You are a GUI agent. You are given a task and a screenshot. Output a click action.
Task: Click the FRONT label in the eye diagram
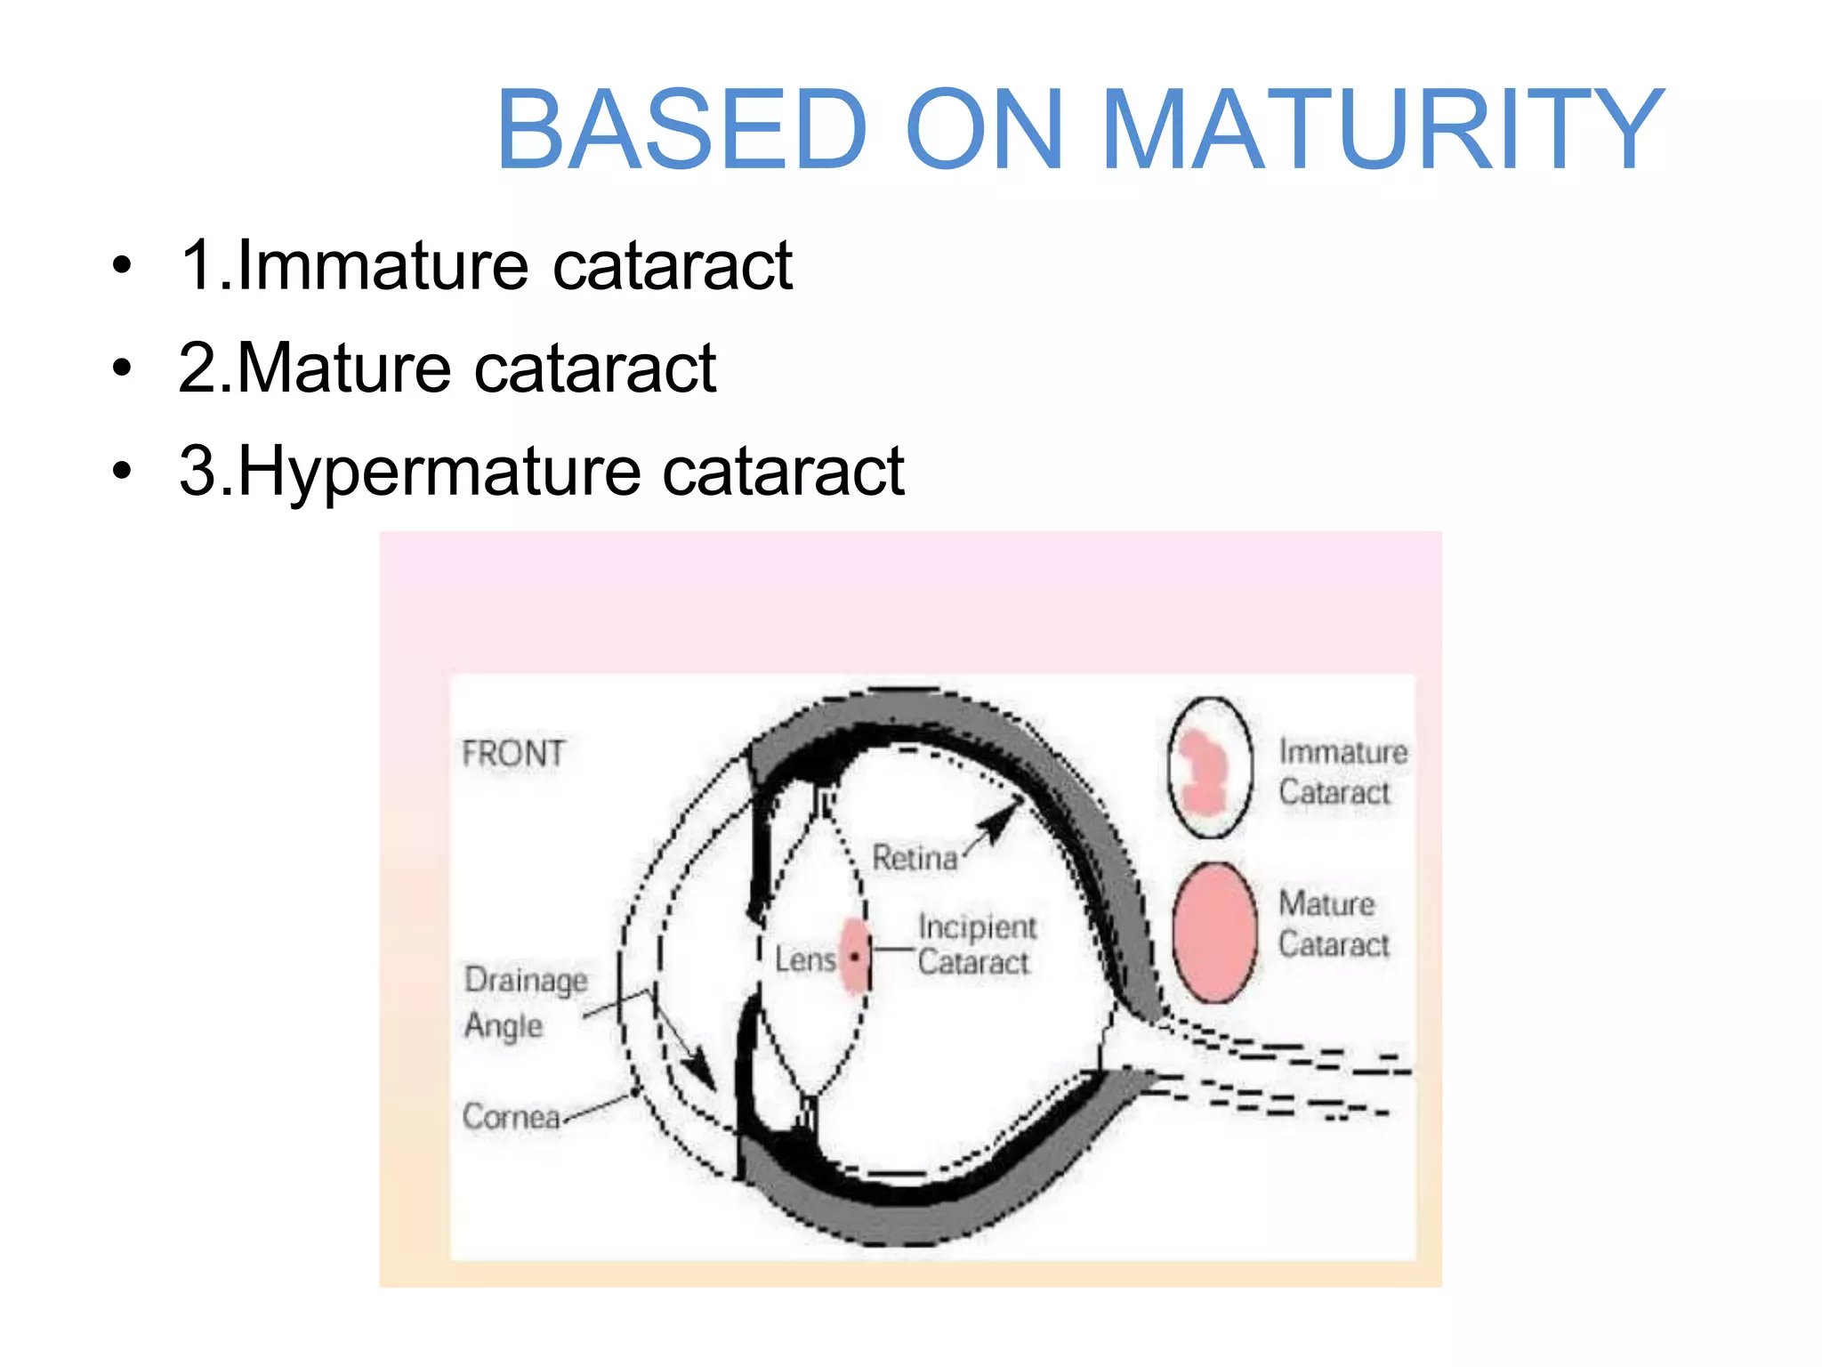pyautogui.click(x=513, y=754)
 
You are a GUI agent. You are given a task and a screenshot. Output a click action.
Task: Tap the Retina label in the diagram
pyautogui.click(x=915, y=858)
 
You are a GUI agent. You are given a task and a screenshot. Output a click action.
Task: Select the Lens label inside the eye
pyautogui.click(x=805, y=959)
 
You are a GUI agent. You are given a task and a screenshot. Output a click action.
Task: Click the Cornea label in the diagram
pyautogui.click(x=512, y=1116)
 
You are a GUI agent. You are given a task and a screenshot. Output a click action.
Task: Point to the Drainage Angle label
pyautogui.click(x=526, y=1002)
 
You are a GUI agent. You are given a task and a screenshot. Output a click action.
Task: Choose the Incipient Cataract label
pyautogui.click(x=977, y=944)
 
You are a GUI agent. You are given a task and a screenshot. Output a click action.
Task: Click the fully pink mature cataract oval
pyautogui.click(x=1214, y=933)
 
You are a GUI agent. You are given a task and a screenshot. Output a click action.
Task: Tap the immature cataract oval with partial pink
pyautogui.click(x=1211, y=767)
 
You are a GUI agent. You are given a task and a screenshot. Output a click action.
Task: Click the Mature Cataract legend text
pyautogui.click(x=1334, y=924)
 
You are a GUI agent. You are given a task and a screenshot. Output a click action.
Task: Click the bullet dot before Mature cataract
pyautogui.click(x=122, y=368)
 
